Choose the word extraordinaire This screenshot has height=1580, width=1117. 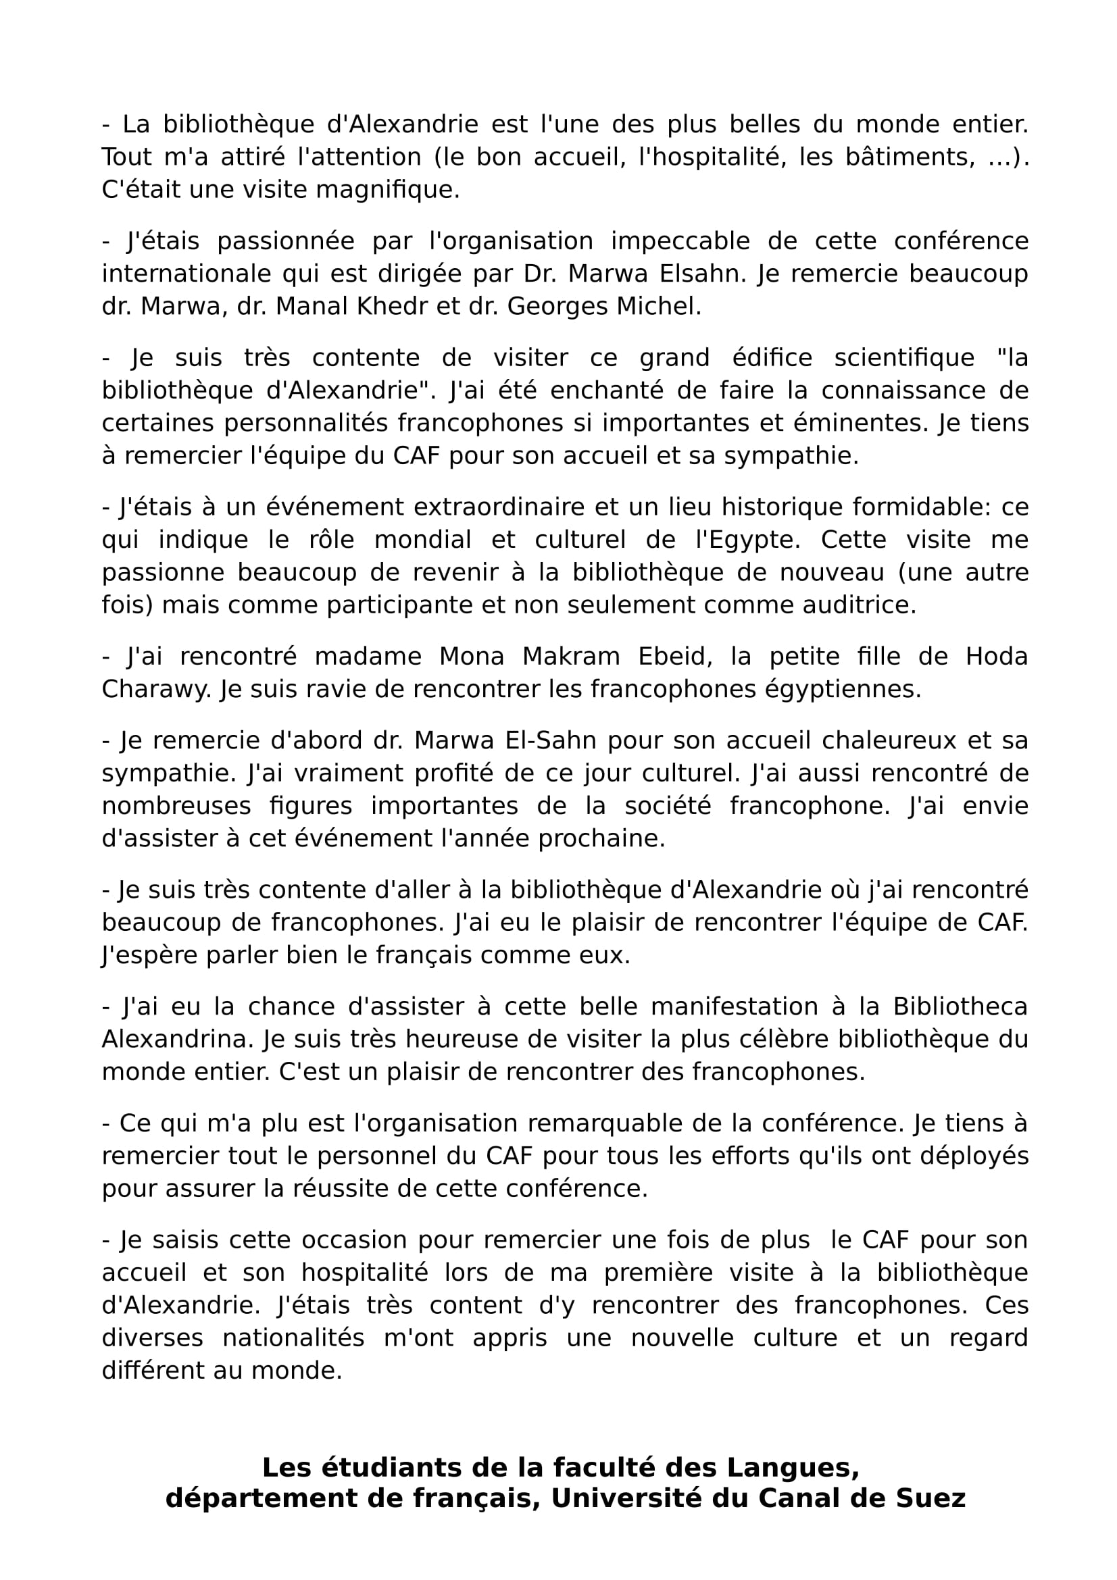(x=514, y=507)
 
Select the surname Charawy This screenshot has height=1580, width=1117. (x=156, y=689)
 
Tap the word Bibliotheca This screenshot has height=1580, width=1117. (x=960, y=1006)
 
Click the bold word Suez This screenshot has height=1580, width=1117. (x=930, y=1498)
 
